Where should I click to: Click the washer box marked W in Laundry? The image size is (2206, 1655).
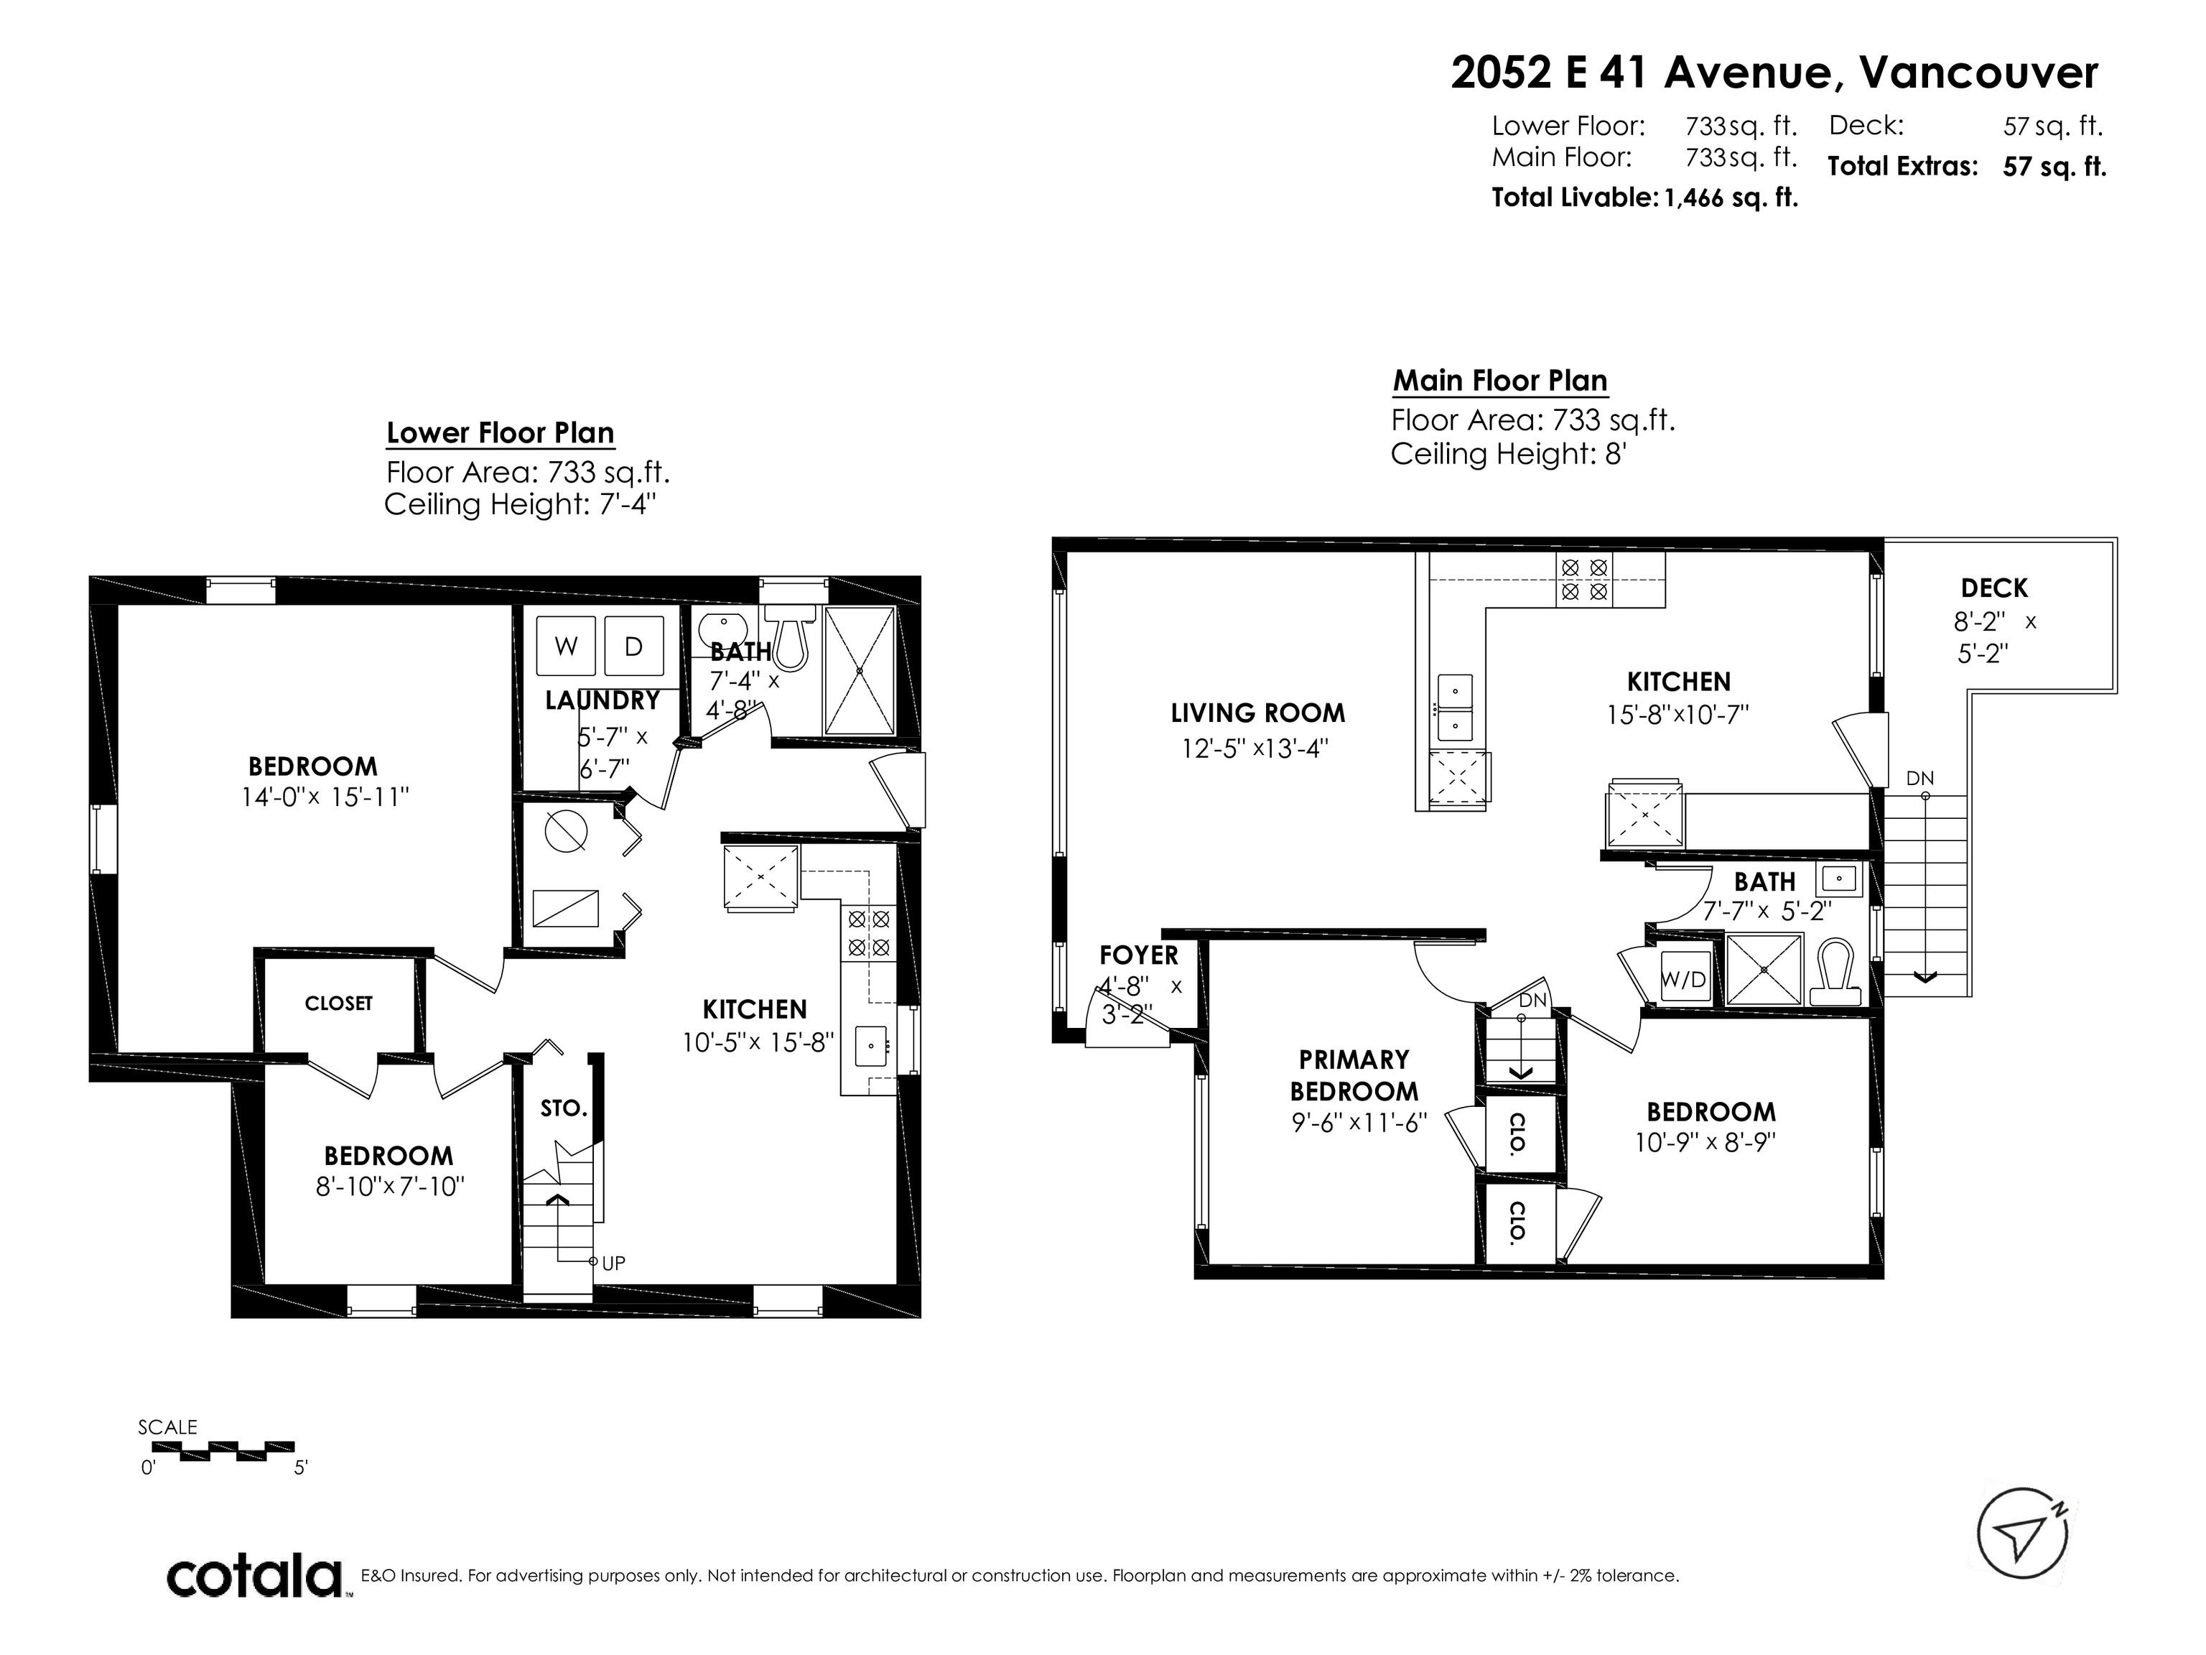[567, 646]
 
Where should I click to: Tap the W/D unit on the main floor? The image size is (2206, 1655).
[1683, 978]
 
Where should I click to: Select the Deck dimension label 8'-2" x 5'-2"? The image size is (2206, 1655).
[1993, 637]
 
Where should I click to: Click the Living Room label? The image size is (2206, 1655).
[1257, 713]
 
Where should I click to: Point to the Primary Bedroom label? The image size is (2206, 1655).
[1354, 1075]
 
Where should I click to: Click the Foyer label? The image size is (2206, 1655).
[1139, 955]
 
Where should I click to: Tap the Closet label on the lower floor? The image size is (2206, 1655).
[339, 1003]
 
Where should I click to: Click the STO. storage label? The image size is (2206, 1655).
[564, 1108]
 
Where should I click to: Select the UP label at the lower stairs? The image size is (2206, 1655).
[613, 1263]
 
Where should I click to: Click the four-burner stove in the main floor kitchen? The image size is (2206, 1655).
[1583, 578]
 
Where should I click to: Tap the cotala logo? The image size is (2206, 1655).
[254, 1577]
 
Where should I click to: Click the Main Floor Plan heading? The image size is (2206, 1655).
[1500, 381]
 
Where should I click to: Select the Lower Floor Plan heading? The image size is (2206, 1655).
[500, 433]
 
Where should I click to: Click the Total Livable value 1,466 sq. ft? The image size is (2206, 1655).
[1731, 198]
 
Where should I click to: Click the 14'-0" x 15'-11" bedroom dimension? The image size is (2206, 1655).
[325, 797]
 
